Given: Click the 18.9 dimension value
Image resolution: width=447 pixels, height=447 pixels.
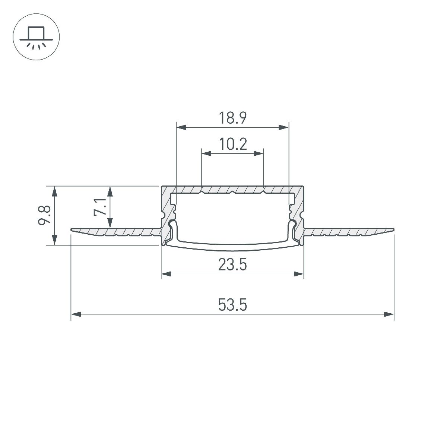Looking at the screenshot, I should coord(232,118).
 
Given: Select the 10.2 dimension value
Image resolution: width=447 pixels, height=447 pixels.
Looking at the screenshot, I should coord(232,144).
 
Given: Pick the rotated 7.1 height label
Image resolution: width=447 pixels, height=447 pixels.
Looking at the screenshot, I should coord(99,207).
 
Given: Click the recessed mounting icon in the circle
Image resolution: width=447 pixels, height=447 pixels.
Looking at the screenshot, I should coord(36,37).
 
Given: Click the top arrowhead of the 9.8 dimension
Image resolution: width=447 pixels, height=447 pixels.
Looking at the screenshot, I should coord(55,191).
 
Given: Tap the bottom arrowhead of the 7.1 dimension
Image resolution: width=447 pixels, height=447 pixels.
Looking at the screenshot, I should coord(110,223).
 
